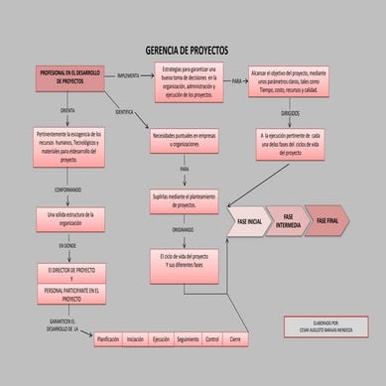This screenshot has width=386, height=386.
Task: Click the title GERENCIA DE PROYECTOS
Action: click(187, 49)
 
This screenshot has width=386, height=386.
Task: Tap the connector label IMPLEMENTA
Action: click(129, 75)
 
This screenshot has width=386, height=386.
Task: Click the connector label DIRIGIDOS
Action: click(290, 114)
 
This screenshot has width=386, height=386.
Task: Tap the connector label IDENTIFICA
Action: click(124, 112)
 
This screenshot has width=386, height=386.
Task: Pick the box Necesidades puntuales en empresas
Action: click(185, 140)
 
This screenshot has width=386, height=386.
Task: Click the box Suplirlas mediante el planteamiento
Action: click(186, 201)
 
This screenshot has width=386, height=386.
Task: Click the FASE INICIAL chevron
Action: click(247, 221)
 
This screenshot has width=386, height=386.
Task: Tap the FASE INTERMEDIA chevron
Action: click(289, 221)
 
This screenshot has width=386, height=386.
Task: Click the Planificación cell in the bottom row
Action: click(108, 339)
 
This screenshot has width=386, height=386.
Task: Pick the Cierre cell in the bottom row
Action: click(236, 339)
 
